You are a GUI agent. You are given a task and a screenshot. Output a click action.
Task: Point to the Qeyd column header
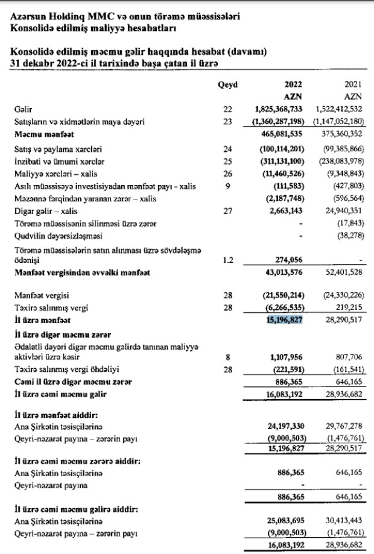227,86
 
